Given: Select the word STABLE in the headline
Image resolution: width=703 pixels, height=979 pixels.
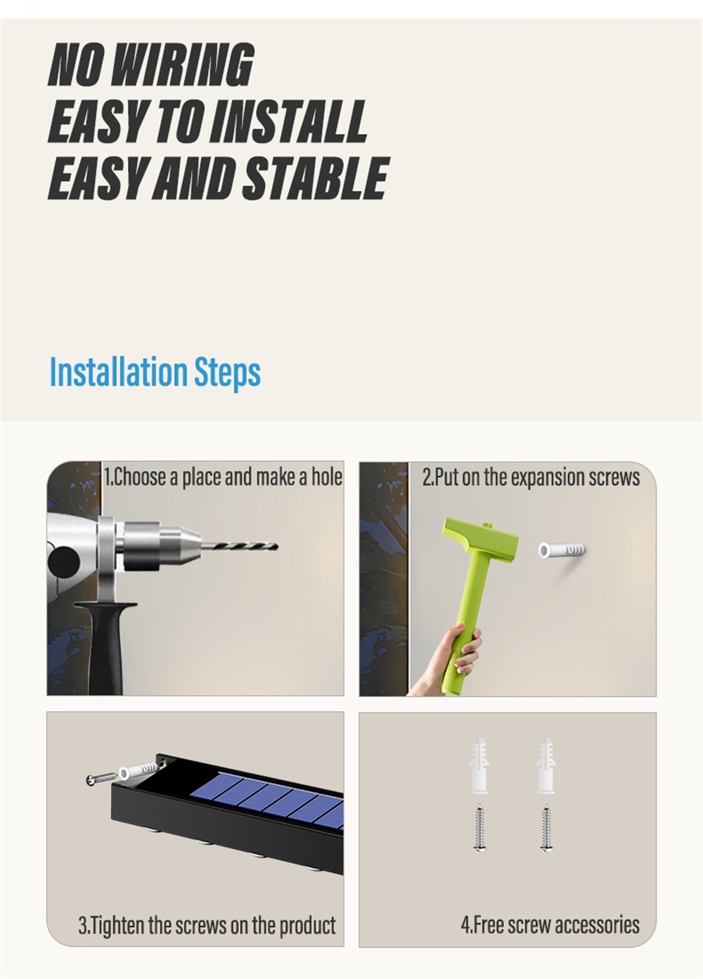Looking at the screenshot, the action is click(314, 178).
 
